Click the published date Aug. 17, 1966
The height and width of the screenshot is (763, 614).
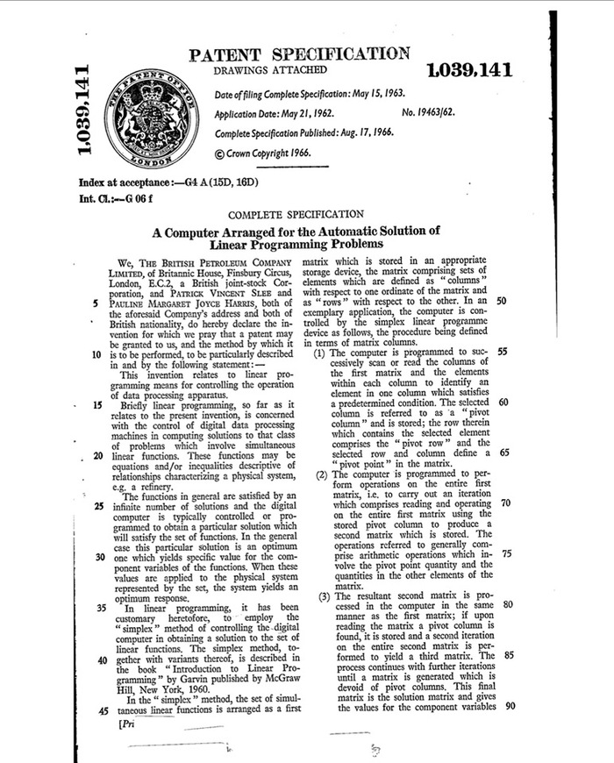pyautogui.click(x=359, y=132)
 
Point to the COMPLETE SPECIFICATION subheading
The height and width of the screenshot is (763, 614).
pyautogui.click(x=296, y=213)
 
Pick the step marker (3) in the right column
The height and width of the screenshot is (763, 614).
pyautogui.click(x=323, y=596)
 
